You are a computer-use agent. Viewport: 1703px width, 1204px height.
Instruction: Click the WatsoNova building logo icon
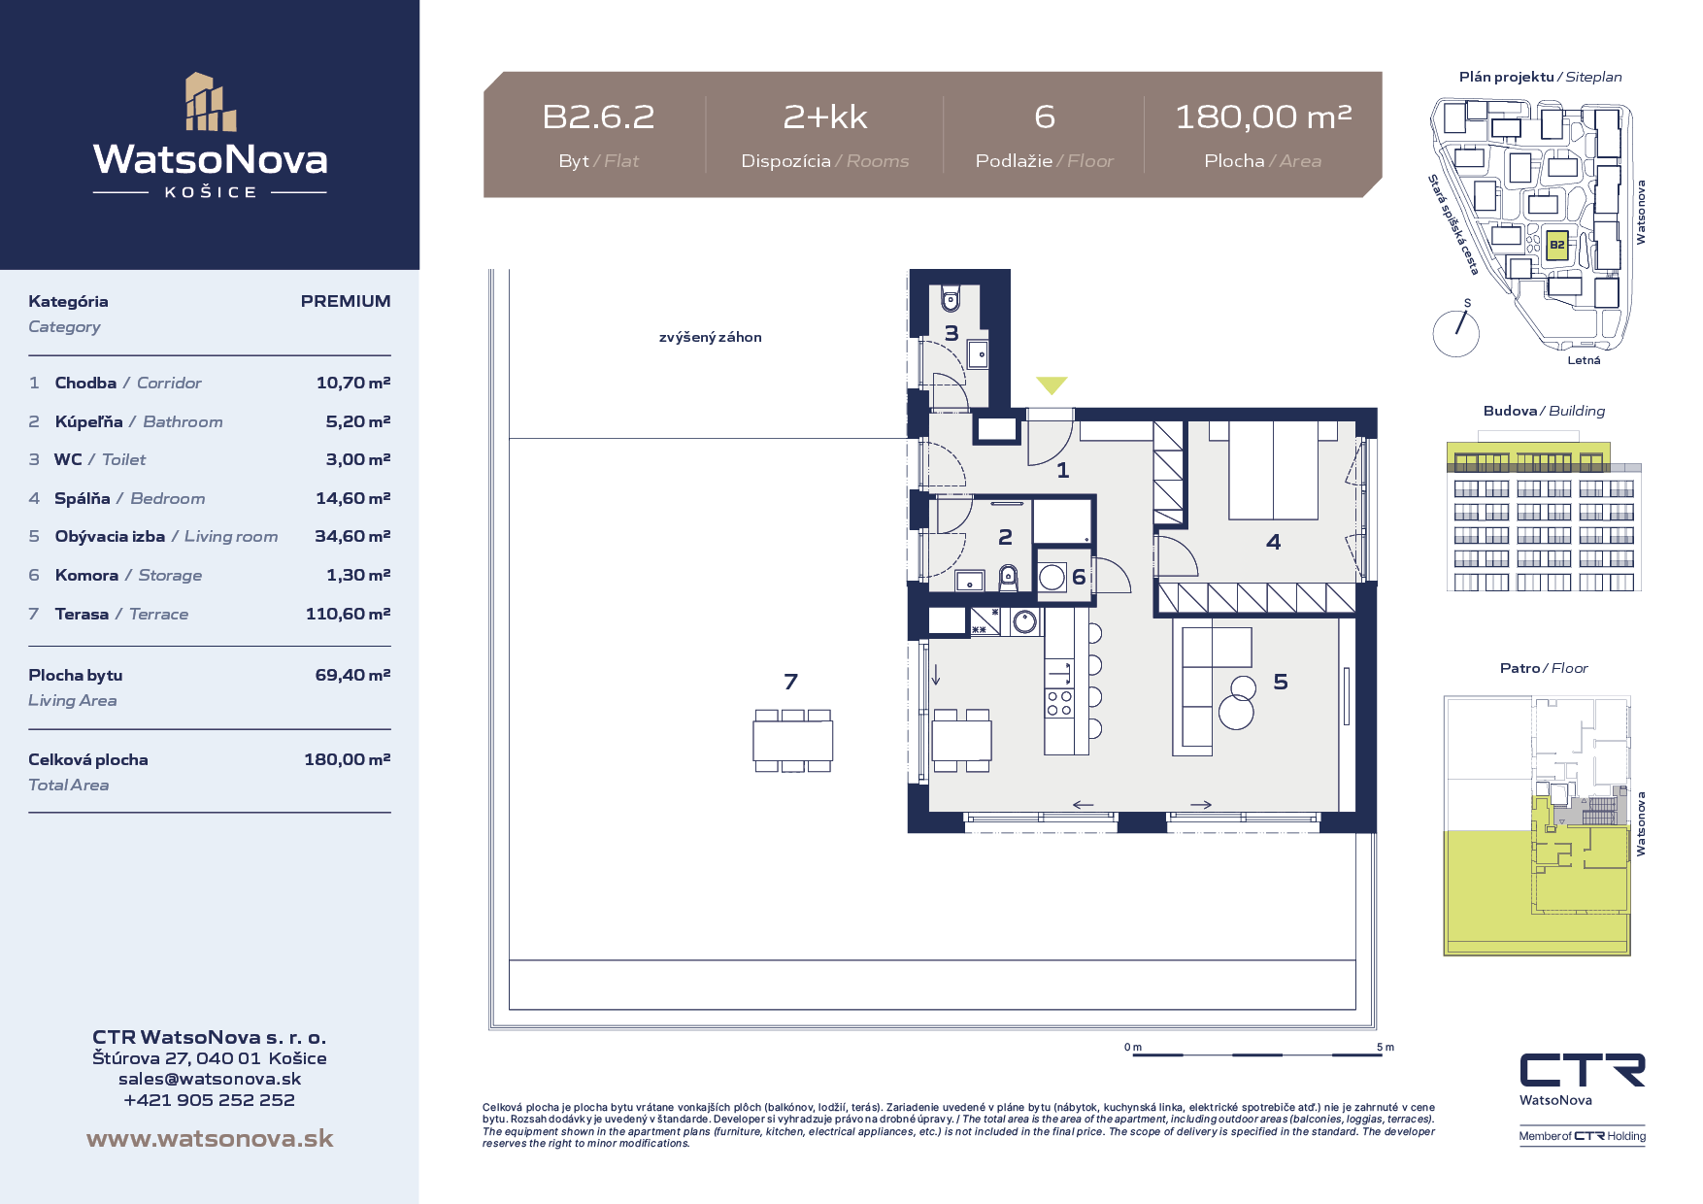click(211, 102)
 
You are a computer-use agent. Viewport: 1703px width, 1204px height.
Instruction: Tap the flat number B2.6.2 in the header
click(598, 117)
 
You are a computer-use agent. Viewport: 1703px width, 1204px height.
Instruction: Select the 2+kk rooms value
click(825, 117)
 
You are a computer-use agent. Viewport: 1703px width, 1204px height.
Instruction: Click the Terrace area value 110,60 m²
click(348, 614)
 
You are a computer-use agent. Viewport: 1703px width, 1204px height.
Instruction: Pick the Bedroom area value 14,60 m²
click(352, 498)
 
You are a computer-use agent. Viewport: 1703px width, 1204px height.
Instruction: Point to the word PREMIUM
click(346, 301)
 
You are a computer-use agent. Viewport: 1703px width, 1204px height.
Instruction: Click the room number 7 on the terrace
click(791, 682)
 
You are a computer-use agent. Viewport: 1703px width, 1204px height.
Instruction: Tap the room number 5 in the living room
click(1281, 682)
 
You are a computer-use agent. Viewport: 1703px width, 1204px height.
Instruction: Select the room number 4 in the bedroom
click(1274, 542)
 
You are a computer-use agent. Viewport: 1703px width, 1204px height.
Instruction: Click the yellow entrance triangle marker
click(1052, 385)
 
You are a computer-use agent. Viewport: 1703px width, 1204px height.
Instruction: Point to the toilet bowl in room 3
click(951, 297)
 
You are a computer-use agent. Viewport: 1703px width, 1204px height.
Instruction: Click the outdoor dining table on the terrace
click(793, 741)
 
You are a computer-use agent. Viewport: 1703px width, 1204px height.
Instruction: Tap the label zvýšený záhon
click(710, 337)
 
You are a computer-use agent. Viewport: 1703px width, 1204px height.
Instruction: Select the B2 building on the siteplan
click(1556, 245)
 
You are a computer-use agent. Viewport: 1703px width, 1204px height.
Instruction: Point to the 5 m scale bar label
click(1386, 1047)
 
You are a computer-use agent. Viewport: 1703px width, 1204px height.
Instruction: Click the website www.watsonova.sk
click(210, 1138)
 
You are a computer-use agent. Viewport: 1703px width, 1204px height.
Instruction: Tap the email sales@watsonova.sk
click(210, 1079)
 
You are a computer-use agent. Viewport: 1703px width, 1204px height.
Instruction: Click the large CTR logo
click(1583, 1070)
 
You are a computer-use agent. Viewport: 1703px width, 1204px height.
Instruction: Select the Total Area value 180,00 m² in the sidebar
click(348, 759)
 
